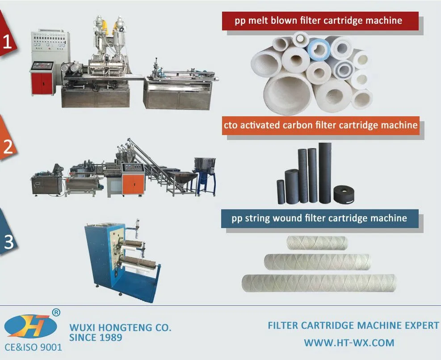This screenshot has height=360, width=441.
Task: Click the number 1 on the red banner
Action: point(7,42)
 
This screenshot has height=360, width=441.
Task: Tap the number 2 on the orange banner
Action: point(8,148)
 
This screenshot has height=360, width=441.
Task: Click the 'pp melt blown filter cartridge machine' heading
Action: point(319,21)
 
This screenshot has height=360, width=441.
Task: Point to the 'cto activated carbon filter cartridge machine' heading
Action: point(321,125)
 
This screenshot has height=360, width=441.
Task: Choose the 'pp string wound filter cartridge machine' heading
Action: point(319,218)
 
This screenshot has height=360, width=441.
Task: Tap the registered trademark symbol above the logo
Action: point(56,312)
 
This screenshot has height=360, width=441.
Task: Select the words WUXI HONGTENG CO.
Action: point(120,328)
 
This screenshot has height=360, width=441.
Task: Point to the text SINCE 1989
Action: point(96,338)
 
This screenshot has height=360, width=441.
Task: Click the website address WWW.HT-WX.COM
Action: point(349,343)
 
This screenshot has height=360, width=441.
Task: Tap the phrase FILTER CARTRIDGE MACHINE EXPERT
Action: point(353,326)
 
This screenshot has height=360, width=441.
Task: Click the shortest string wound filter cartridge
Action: point(317,243)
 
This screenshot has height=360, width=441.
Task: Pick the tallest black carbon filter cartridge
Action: point(325,172)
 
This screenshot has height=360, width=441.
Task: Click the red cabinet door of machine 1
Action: point(42,83)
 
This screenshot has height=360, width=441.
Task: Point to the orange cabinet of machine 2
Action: point(134,184)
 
